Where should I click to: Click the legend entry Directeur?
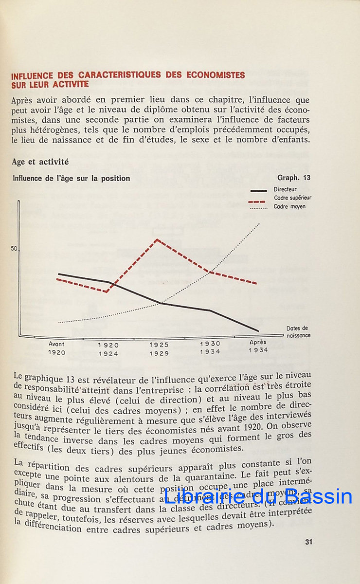click(285, 189)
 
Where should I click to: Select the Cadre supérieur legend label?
click(292, 198)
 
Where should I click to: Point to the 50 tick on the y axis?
click(14, 249)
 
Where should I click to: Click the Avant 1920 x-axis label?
click(57, 348)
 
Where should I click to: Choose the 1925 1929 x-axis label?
click(159, 349)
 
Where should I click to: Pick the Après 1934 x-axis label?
click(258, 346)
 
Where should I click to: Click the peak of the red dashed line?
click(157, 239)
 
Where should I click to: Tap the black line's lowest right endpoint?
click(258, 331)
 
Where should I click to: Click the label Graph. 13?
click(294, 178)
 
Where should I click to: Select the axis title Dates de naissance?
click(298, 331)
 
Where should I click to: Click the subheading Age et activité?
click(40, 162)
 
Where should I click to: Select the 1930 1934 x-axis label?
click(210, 347)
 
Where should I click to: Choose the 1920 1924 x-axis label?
click(108, 349)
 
